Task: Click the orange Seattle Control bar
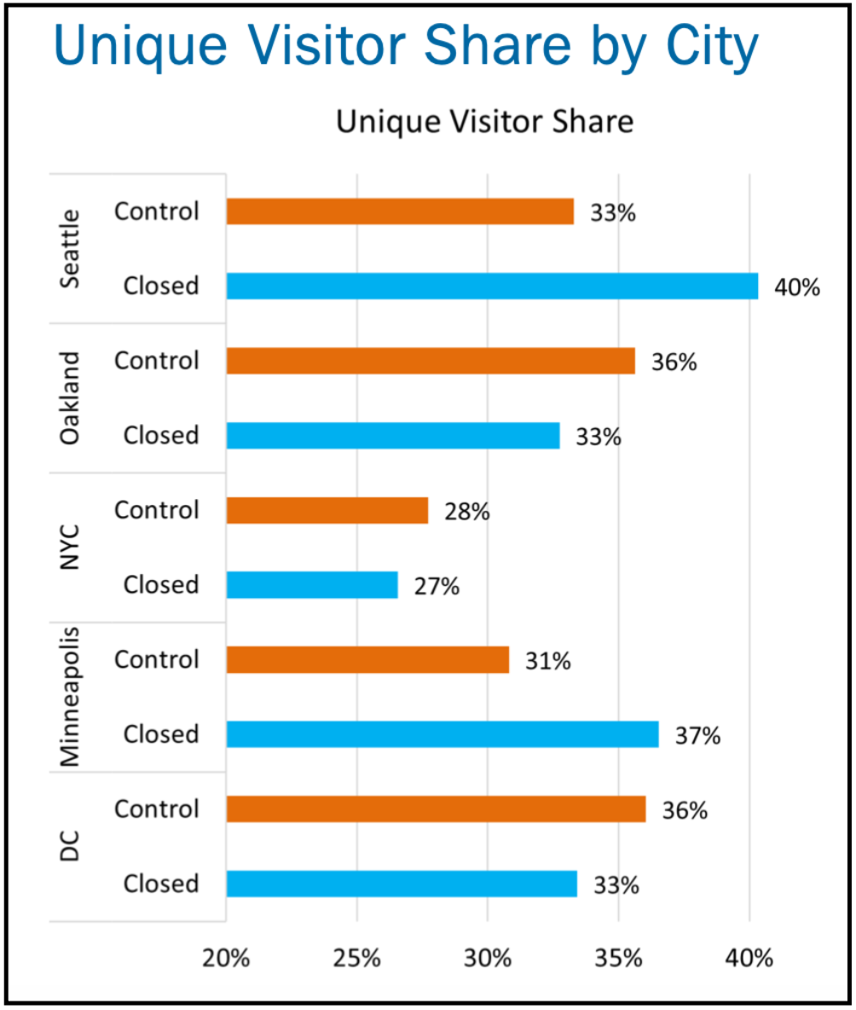(400, 212)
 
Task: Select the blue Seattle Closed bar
(492, 286)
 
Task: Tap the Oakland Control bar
(431, 361)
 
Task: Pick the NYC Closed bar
(312, 585)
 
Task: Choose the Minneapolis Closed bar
(442, 734)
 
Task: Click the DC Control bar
(436, 809)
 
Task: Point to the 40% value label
(797, 287)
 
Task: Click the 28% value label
(467, 512)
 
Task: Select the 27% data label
(437, 586)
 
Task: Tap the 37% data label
(697, 735)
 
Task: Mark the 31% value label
(548, 661)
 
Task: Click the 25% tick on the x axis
(357, 959)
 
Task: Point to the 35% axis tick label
(618, 959)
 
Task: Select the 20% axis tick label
(226, 959)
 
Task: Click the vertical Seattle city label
(70, 248)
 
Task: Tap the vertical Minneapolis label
(70, 696)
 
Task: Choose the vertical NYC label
(70, 548)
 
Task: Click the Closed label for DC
(161, 884)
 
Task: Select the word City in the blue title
(712, 46)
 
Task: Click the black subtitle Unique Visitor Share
(484, 121)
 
